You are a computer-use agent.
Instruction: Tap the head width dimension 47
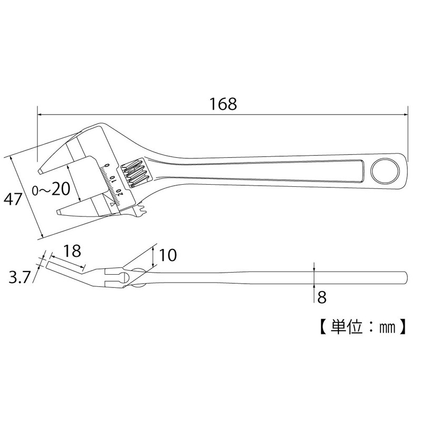(13, 199)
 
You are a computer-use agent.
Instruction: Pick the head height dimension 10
(167, 256)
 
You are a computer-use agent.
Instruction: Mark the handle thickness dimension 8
(322, 297)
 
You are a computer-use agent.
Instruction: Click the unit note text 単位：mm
(363, 326)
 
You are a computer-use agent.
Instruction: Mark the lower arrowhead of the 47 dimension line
(41, 235)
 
